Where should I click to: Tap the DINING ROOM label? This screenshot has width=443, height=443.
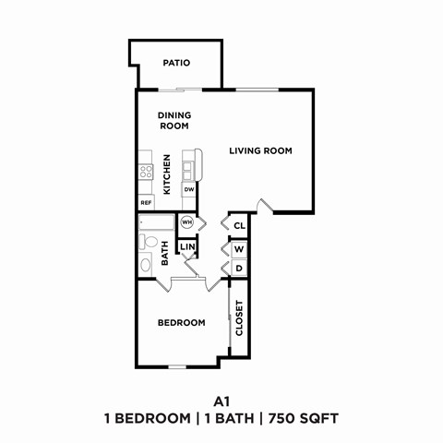[x=174, y=120]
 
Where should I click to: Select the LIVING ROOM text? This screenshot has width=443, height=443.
[x=260, y=150]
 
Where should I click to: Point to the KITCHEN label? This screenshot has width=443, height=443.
[x=167, y=174]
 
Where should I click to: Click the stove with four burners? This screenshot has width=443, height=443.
[x=146, y=172]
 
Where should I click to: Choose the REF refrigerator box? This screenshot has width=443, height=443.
[x=146, y=202]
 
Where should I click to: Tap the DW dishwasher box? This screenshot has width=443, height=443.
[x=189, y=189]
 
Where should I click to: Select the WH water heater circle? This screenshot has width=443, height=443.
[x=186, y=222]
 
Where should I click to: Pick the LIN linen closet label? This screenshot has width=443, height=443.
[x=186, y=246]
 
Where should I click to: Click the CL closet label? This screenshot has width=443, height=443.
[x=238, y=225]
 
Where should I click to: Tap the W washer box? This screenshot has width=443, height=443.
[x=238, y=249]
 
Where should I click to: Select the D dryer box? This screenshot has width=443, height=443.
[x=238, y=269]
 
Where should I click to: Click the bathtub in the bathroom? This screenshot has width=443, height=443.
[x=157, y=222]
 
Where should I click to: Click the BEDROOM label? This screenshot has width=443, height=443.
[x=180, y=322]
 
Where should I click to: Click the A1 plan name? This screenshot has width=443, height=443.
[x=221, y=401]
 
